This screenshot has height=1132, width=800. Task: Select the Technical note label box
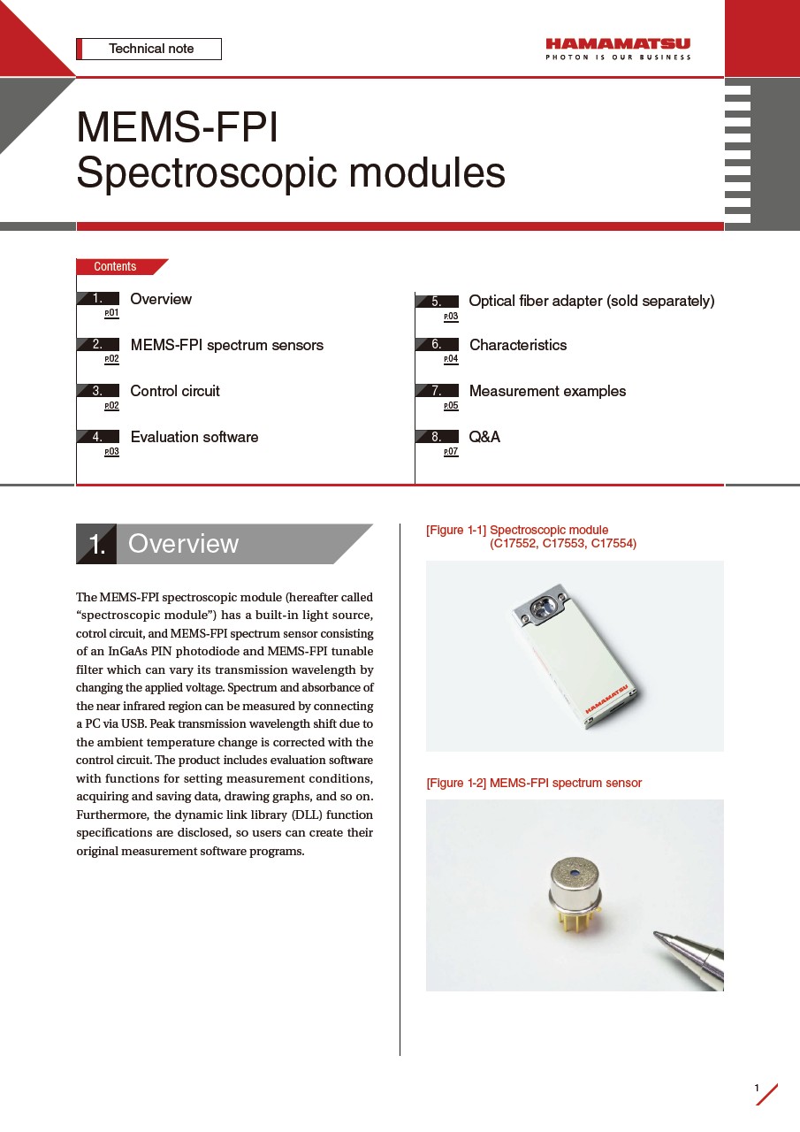pos(149,49)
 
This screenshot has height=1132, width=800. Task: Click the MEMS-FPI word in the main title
pos(178,127)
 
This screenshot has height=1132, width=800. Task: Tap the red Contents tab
pos(118,266)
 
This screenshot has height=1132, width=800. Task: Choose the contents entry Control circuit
pos(175,391)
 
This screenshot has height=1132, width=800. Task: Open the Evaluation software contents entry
pos(194,437)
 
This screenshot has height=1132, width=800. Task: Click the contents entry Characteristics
pos(518,345)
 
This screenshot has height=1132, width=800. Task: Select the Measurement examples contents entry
pos(547,391)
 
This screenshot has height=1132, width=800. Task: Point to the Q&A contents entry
pos(484,437)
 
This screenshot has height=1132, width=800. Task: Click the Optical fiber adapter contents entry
pos(591,301)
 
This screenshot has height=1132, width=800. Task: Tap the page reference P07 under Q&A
pos(451,452)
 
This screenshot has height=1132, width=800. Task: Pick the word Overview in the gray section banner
pos(184,544)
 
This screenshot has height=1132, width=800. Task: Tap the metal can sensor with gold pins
pos(574,894)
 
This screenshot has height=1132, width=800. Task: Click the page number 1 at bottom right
pos(757,1087)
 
